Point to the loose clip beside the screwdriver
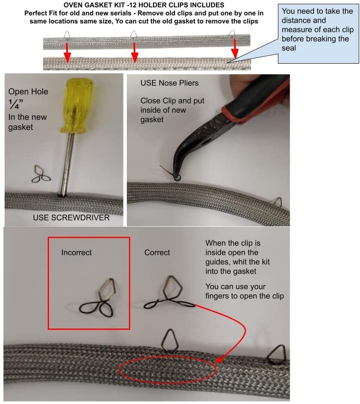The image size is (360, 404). tap(41, 174)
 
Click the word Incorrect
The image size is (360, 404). tap(77, 252)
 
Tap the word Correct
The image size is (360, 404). tap(157, 252)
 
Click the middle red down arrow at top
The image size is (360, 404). tap(134, 53)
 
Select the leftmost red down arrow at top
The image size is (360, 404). tap(67, 53)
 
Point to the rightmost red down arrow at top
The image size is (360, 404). tap(234, 49)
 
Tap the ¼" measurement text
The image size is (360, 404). tap(15, 104)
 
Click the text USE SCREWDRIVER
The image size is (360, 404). tap(71, 218)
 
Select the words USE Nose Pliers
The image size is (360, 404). tap(170, 83)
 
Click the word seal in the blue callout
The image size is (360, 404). tap(289, 48)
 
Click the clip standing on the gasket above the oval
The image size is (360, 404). tap(169, 342)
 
